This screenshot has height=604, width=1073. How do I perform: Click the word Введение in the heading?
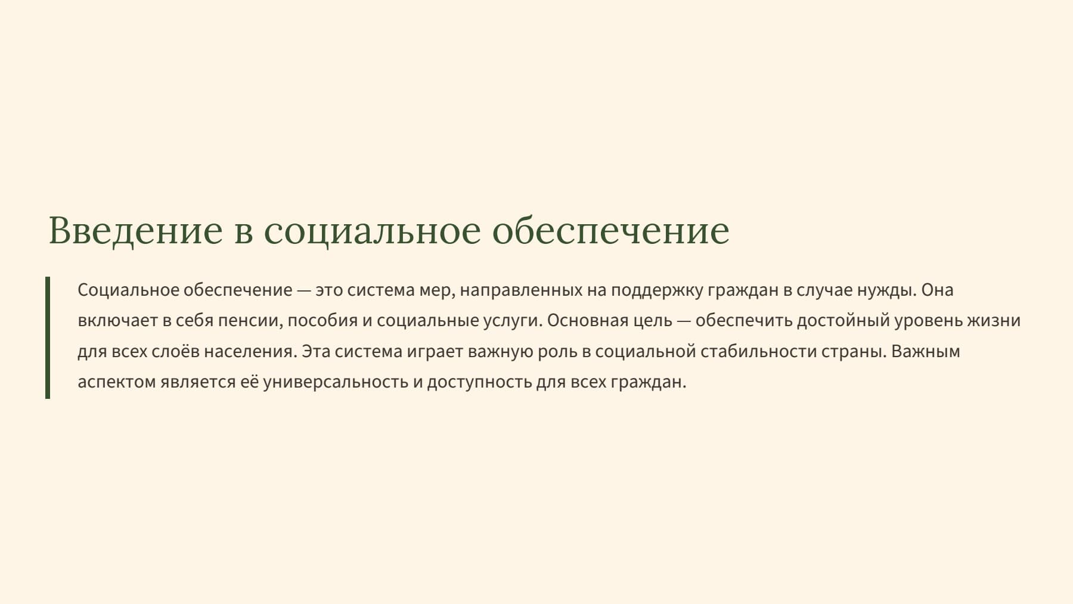click(x=135, y=230)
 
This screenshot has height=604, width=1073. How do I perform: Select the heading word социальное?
click(x=372, y=230)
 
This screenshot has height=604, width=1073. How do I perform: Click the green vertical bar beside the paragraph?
click(x=48, y=337)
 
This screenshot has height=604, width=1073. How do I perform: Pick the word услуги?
click(x=514, y=321)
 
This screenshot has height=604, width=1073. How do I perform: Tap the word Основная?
click(x=588, y=321)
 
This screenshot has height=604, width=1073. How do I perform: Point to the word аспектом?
click(x=116, y=382)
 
